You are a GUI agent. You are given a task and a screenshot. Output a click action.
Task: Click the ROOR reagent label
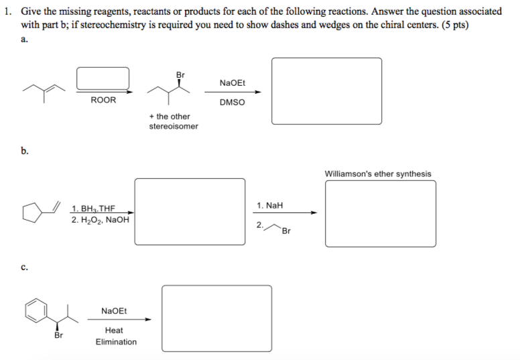click(103, 100)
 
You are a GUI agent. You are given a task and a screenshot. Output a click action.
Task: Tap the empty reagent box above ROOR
click(103, 78)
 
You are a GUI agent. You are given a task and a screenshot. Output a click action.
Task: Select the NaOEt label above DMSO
click(232, 82)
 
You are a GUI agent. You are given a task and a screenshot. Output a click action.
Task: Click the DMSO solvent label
click(232, 103)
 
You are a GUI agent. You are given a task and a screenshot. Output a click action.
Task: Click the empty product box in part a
click(326, 91)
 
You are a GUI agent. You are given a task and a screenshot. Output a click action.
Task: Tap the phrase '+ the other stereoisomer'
click(174, 121)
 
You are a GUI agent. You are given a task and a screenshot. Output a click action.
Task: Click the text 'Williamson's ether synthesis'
click(378, 174)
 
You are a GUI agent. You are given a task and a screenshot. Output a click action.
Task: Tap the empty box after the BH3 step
click(190, 211)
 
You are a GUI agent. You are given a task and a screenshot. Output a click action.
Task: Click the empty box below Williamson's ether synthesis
click(380, 214)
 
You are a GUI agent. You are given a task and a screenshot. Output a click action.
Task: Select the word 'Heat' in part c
click(114, 330)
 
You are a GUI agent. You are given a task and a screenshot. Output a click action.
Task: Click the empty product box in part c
click(216, 318)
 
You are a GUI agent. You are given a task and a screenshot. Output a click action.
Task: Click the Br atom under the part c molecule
click(58, 335)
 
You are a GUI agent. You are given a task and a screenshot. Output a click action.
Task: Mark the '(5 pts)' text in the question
click(455, 25)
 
